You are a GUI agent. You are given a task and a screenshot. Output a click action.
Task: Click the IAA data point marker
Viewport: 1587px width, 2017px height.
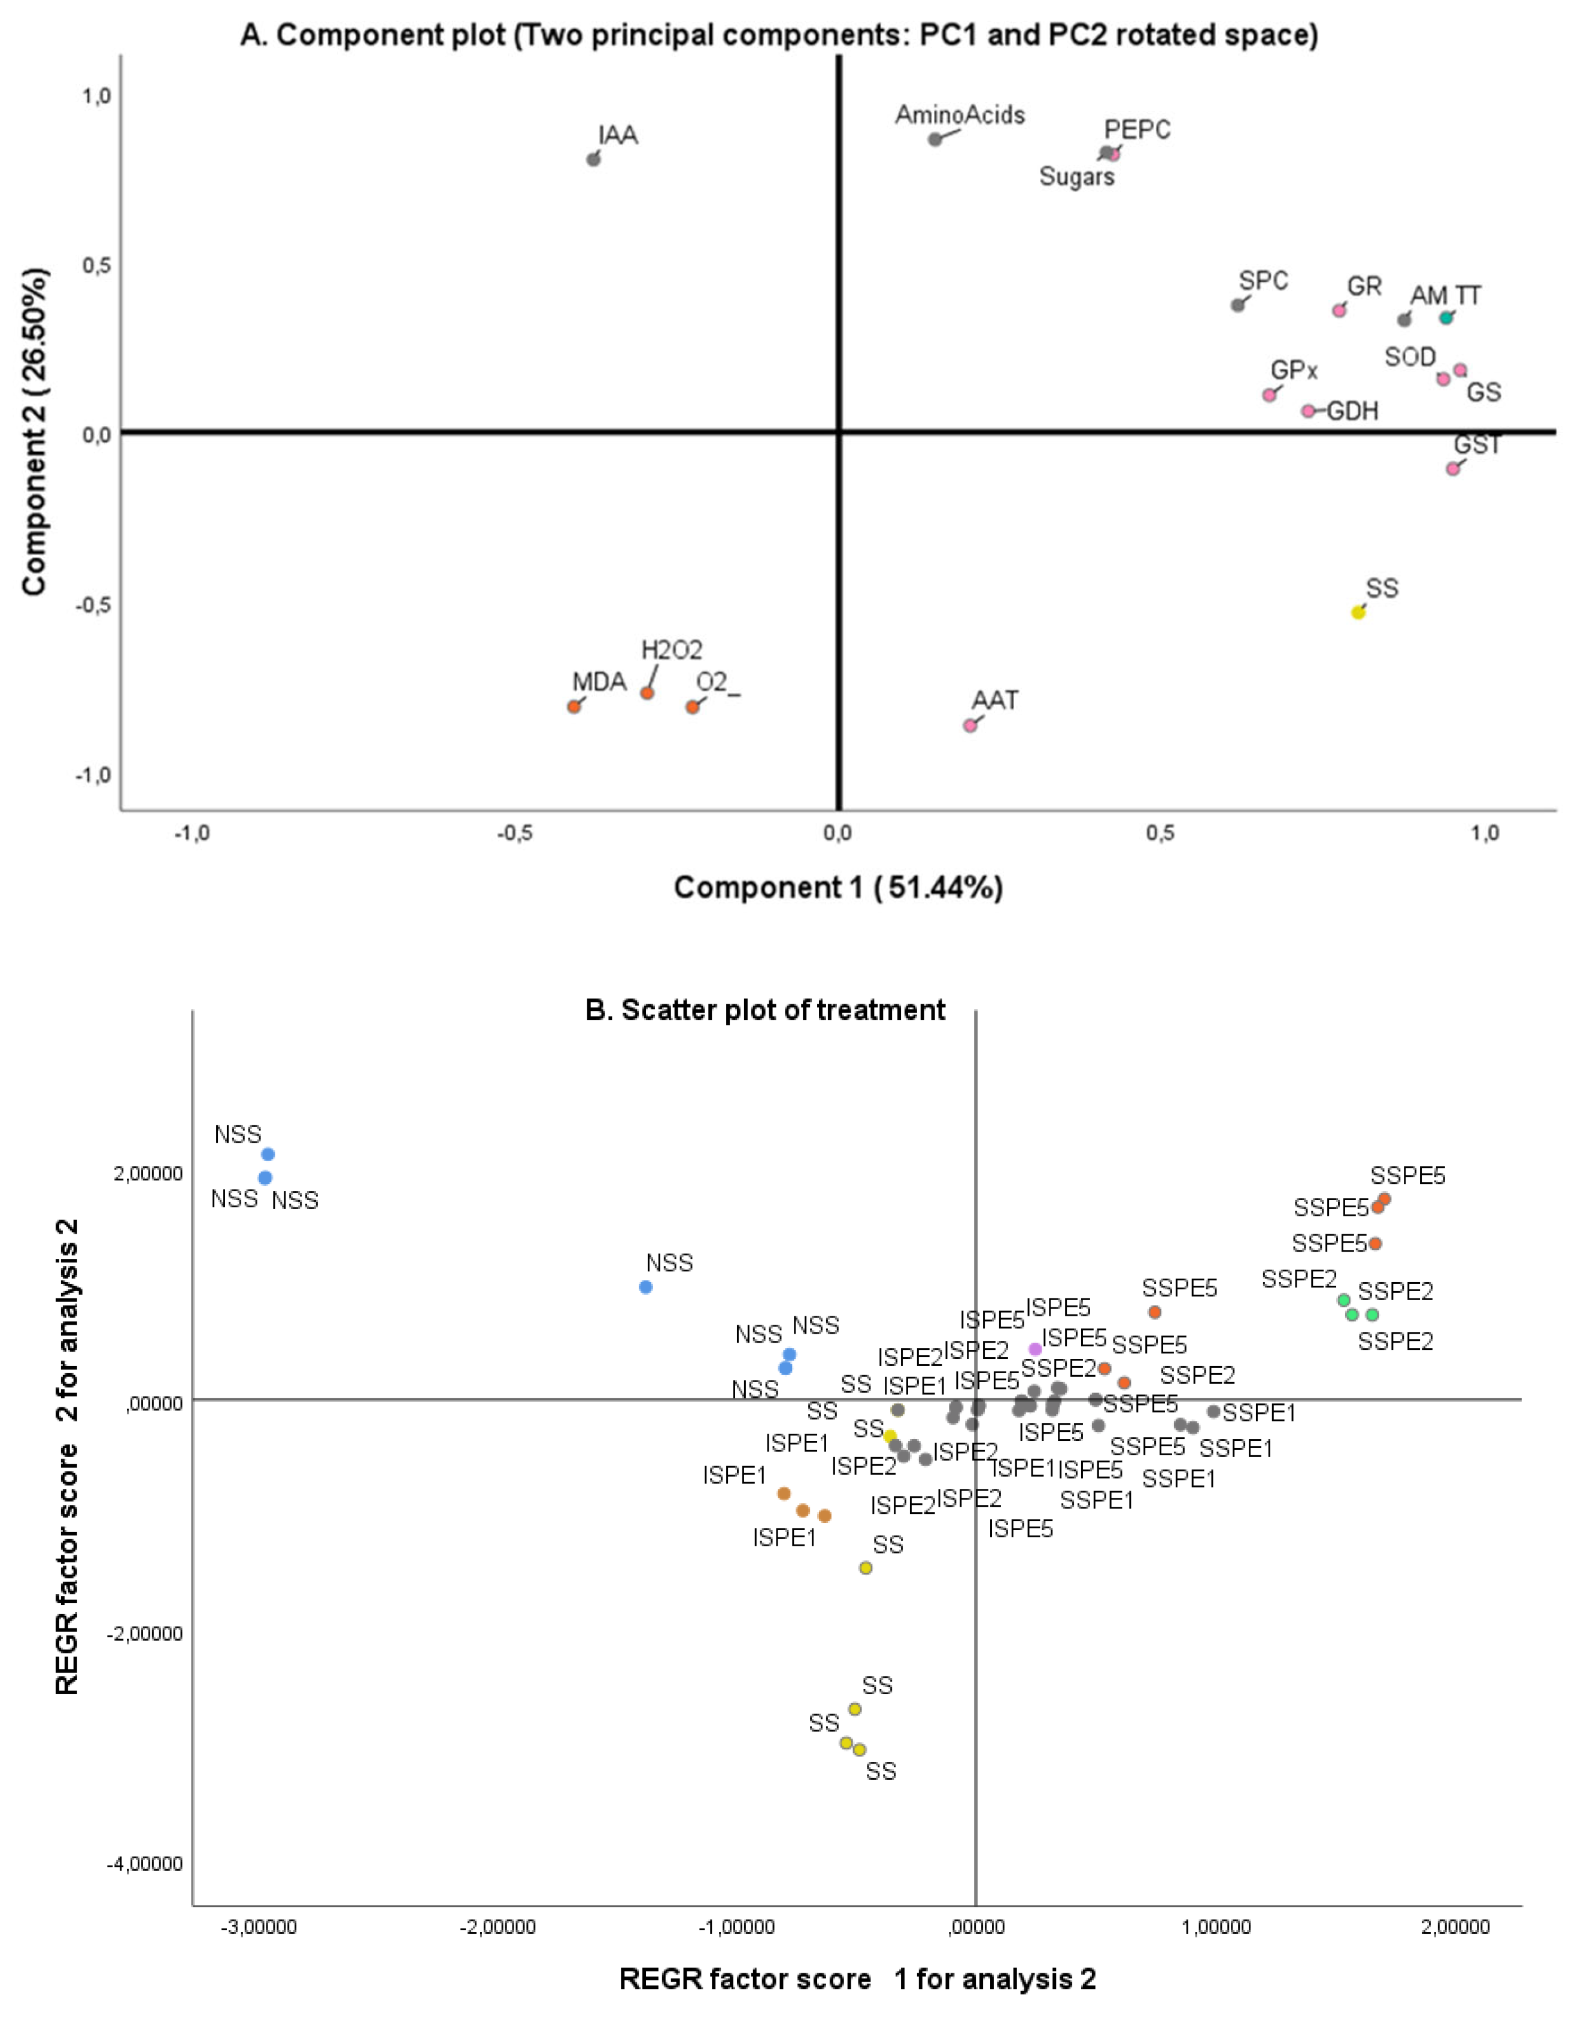click(x=593, y=159)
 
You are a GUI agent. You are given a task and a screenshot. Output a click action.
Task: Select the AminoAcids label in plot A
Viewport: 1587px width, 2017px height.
click(x=960, y=115)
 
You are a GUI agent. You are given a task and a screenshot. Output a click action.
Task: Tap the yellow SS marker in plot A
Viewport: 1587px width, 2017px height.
click(x=1358, y=611)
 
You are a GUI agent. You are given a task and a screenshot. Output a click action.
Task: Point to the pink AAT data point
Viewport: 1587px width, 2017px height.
click(x=970, y=725)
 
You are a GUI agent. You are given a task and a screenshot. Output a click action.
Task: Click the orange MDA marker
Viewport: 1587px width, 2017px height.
click(x=573, y=707)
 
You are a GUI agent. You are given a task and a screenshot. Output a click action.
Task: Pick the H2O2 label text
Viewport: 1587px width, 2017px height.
click(x=671, y=650)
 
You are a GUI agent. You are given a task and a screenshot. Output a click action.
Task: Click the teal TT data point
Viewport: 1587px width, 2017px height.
click(x=1446, y=318)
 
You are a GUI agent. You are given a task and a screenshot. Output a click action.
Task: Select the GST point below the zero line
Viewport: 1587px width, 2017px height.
click(x=1452, y=468)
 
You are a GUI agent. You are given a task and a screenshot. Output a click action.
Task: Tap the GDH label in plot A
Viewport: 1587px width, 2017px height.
click(x=1352, y=411)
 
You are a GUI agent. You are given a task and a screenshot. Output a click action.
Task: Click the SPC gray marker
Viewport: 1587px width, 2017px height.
click(x=1237, y=305)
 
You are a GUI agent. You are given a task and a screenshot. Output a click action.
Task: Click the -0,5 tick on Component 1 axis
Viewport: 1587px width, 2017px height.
click(x=514, y=834)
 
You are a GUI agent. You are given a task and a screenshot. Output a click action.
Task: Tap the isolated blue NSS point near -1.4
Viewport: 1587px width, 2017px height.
click(x=646, y=1288)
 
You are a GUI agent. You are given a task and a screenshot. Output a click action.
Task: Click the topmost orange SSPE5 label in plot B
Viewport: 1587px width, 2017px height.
click(x=1407, y=1176)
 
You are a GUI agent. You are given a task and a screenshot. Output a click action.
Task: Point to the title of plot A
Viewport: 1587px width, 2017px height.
click(x=779, y=35)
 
